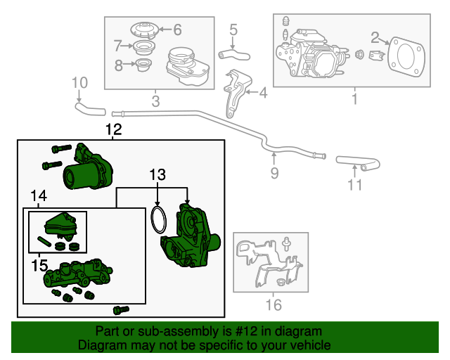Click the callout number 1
coord(354,99)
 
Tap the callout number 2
coord(375,37)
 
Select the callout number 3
coord(155,101)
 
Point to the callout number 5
coord(233,30)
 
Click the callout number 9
coord(274,172)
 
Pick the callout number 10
coord(79,86)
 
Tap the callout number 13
coord(158,174)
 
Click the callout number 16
coord(273,304)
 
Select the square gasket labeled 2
coord(404,55)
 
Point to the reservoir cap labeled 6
coord(144,31)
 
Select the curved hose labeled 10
coord(89,108)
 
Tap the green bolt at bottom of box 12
coord(121,309)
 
